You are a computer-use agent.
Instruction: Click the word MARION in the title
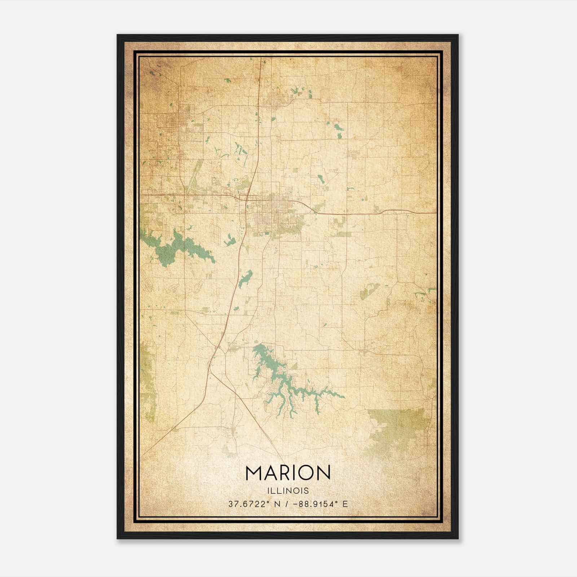point(288,473)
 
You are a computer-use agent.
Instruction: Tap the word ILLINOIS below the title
point(288,491)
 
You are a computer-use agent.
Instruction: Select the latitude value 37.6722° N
point(254,504)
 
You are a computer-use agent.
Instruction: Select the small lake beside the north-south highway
point(246,278)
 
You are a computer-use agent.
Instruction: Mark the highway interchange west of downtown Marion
point(246,198)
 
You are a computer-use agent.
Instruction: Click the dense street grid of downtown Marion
point(269,211)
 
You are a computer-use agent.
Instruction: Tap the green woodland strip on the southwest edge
point(147,379)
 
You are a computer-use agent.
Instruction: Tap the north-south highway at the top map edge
point(261,61)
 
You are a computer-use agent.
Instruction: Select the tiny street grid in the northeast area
point(353,154)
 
